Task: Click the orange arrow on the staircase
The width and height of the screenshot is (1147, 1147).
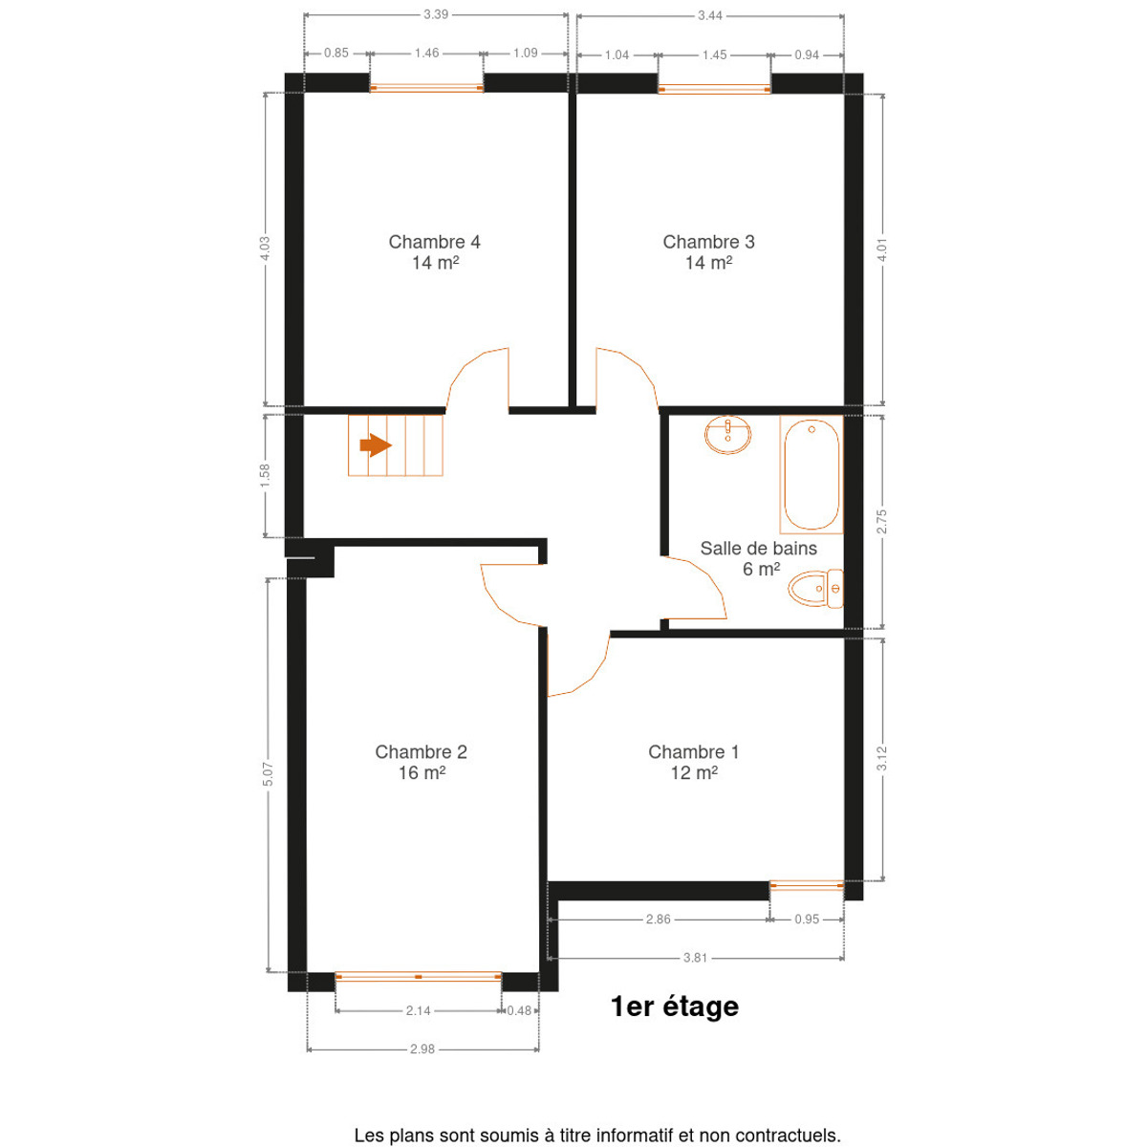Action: pos(375,444)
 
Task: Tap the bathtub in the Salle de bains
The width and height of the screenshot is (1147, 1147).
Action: pos(811,474)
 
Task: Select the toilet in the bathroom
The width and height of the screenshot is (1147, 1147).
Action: pos(815,588)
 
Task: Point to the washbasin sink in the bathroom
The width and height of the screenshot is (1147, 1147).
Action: pos(727,435)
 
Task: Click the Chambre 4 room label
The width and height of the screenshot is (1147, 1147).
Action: pos(435,251)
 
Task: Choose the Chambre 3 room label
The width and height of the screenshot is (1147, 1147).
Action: pos(708,251)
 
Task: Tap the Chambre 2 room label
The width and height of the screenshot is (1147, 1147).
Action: pos(421,762)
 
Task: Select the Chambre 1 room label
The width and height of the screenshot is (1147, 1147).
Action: pos(694,762)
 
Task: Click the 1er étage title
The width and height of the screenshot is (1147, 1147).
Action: pos(675,1006)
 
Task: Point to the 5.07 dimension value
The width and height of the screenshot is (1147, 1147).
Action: pos(268,774)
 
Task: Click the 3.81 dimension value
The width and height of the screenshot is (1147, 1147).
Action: pos(695,958)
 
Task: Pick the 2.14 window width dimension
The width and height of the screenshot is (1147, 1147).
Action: pos(418,1010)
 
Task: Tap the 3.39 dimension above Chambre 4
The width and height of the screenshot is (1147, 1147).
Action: pos(436,14)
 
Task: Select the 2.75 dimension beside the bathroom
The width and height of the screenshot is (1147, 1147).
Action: pos(881,522)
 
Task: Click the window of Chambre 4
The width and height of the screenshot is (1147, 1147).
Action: pos(426,88)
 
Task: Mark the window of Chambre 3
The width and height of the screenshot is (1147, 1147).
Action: pos(714,89)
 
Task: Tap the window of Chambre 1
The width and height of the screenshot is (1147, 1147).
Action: pos(807,885)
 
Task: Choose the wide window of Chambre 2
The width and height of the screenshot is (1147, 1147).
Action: pos(418,976)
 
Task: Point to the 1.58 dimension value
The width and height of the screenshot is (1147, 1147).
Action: pos(265,476)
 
